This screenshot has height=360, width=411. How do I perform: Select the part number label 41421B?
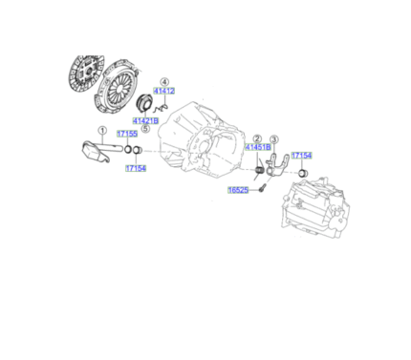coord(145,121)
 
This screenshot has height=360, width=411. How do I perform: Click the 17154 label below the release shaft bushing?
coord(136,168)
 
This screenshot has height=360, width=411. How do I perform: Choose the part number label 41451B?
coord(258,148)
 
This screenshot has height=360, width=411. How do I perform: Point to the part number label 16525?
coord(238,190)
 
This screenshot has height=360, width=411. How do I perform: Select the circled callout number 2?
coord(257,138)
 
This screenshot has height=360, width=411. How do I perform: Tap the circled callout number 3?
coord(273,138)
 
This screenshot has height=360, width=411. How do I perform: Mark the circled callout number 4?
coord(164,83)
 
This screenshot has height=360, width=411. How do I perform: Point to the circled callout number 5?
coord(145,130)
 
